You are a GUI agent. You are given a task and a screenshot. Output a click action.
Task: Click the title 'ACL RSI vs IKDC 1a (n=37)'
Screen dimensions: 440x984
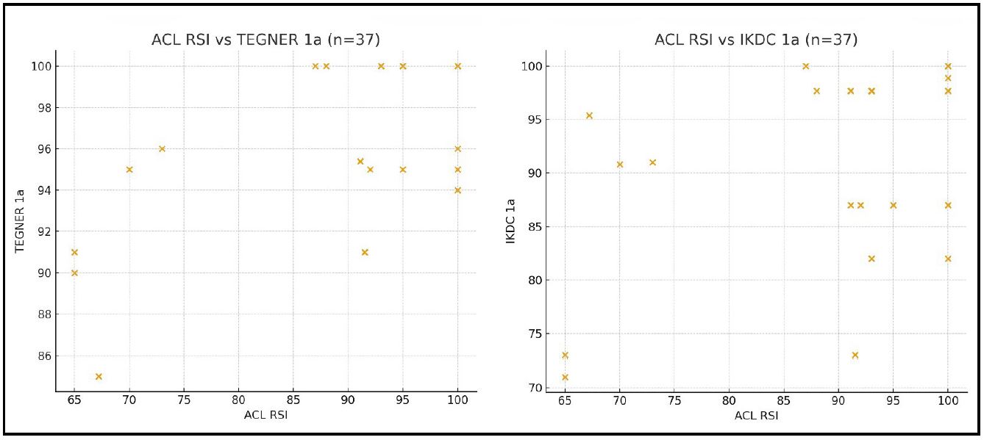(756, 40)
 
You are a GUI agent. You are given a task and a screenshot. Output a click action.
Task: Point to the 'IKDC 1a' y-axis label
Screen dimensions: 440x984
(510, 220)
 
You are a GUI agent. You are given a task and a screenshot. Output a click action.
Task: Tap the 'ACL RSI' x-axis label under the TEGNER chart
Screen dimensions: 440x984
(265, 416)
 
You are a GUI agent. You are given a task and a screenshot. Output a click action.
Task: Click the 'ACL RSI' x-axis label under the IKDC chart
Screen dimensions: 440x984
(756, 416)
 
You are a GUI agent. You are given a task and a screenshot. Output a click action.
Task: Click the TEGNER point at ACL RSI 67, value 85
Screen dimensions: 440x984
(99, 377)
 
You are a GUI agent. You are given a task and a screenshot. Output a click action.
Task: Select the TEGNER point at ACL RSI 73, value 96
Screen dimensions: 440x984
(162, 149)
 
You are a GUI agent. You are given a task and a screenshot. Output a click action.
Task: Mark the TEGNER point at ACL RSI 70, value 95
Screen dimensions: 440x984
(129, 170)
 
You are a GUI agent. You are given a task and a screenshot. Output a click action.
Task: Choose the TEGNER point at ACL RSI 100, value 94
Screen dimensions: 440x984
(457, 190)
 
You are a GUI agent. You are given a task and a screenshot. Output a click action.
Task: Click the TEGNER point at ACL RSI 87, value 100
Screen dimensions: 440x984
(315, 66)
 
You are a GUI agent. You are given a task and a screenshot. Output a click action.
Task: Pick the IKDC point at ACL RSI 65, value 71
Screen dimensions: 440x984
(565, 378)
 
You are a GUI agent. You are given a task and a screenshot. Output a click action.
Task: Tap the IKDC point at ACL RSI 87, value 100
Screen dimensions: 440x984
(805, 66)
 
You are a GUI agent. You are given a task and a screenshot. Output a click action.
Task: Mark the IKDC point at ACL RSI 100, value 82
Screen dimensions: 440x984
(948, 259)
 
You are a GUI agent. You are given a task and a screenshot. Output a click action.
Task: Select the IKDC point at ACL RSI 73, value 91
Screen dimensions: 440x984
(652, 162)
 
